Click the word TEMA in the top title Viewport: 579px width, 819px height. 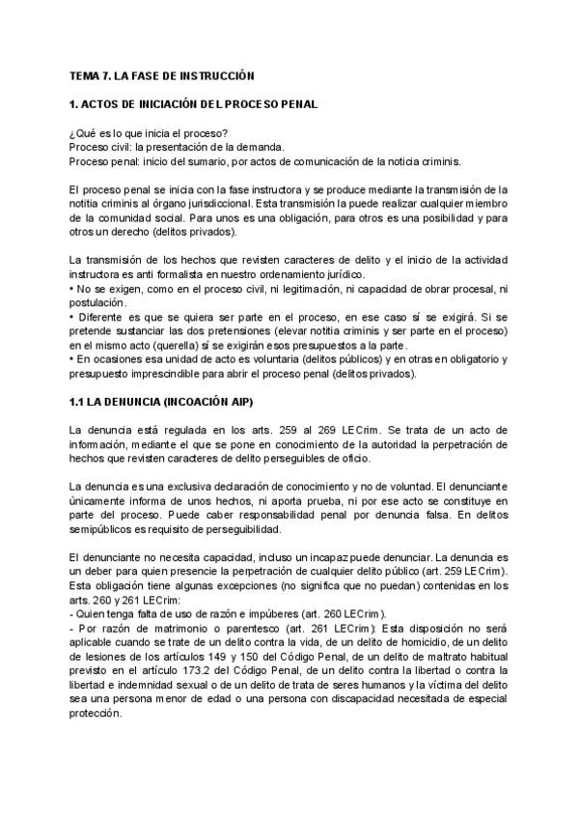(x=84, y=74)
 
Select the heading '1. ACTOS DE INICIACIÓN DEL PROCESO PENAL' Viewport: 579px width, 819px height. (x=194, y=103)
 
